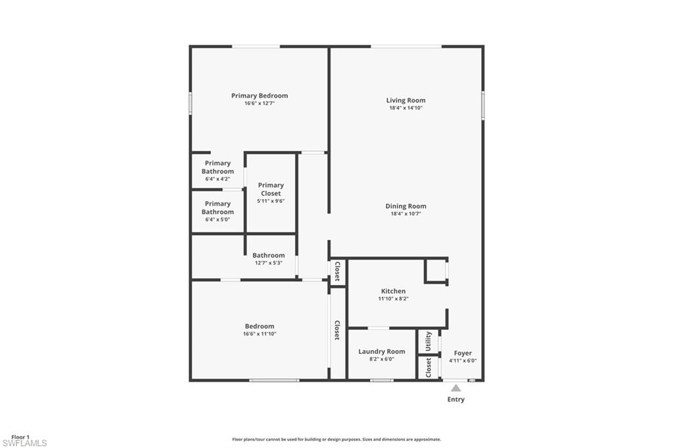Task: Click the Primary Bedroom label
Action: (259, 95)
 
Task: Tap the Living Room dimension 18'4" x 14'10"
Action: (406, 108)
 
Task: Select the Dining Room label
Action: (406, 206)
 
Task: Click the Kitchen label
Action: (393, 291)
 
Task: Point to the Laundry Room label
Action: (381, 351)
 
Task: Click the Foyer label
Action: (463, 353)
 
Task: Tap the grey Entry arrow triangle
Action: (455, 388)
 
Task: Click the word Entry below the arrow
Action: (455, 399)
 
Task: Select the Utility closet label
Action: (429, 341)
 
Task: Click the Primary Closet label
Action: (271, 189)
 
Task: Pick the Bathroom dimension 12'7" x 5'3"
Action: (269, 263)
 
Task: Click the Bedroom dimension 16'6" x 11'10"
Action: (260, 334)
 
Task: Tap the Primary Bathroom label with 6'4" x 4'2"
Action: (218, 167)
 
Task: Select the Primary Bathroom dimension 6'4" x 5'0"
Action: (218, 219)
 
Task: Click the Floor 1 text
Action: (20, 437)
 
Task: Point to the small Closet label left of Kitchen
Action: (337, 271)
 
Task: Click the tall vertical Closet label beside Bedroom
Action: (337, 330)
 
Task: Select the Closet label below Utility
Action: (429, 367)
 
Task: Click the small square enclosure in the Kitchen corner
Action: (435, 271)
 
